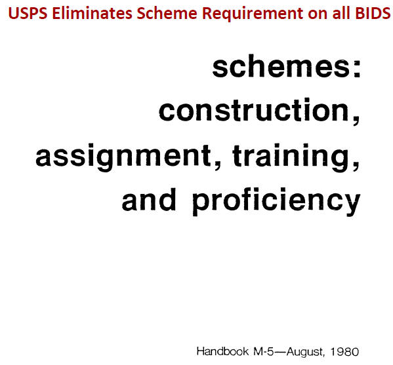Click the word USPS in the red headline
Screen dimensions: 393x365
tap(28, 13)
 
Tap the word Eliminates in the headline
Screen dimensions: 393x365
tap(93, 13)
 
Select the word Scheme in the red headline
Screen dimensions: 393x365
tap(167, 13)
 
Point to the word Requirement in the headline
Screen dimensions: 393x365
tap(253, 14)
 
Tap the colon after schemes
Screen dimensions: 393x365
tap(357, 68)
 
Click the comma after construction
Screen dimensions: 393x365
tap(356, 120)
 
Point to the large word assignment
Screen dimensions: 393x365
tap(123, 157)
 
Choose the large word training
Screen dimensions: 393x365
tap(291, 157)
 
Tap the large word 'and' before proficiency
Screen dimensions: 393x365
tap(149, 199)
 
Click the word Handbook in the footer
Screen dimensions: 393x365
tap(222, 351)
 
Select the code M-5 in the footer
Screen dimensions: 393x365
tap(264, 351)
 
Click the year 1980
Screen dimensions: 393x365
tap(344, 351)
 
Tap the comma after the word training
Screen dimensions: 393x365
tap(356, 166)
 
